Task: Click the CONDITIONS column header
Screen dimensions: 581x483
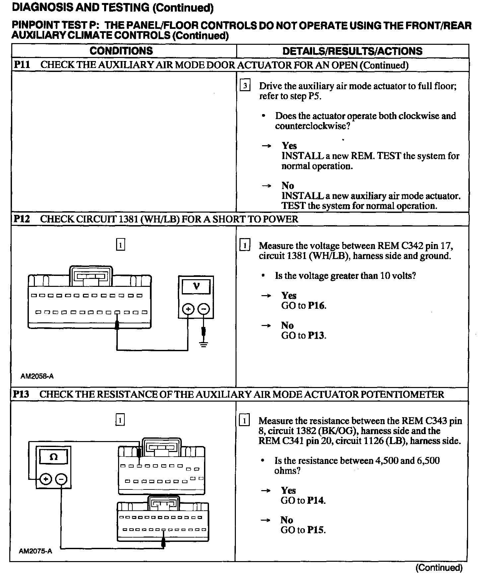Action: pos(121,51)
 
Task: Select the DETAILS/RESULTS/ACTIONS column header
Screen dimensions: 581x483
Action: pos(352,51)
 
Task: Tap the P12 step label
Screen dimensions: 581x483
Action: pos(22,219)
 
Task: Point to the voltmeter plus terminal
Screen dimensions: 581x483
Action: pos(188,309)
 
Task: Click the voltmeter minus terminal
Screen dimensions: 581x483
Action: pos(204,309)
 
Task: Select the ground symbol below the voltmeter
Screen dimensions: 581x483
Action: pos(204,344)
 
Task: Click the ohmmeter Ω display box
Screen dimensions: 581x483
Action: pos(53,457)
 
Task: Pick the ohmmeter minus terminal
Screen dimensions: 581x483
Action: pos(61,479)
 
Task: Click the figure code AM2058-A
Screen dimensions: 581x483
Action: pos(37,376)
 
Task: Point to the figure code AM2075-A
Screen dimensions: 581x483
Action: pos(35,551)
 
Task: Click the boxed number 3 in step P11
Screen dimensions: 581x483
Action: pos(245,86)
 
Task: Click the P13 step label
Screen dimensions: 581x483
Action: pos(21,394)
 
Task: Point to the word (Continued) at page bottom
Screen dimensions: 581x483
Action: pos(439,568)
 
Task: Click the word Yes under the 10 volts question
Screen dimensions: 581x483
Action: pos(289,295)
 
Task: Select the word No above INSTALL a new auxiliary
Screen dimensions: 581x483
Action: pos(288,185)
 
